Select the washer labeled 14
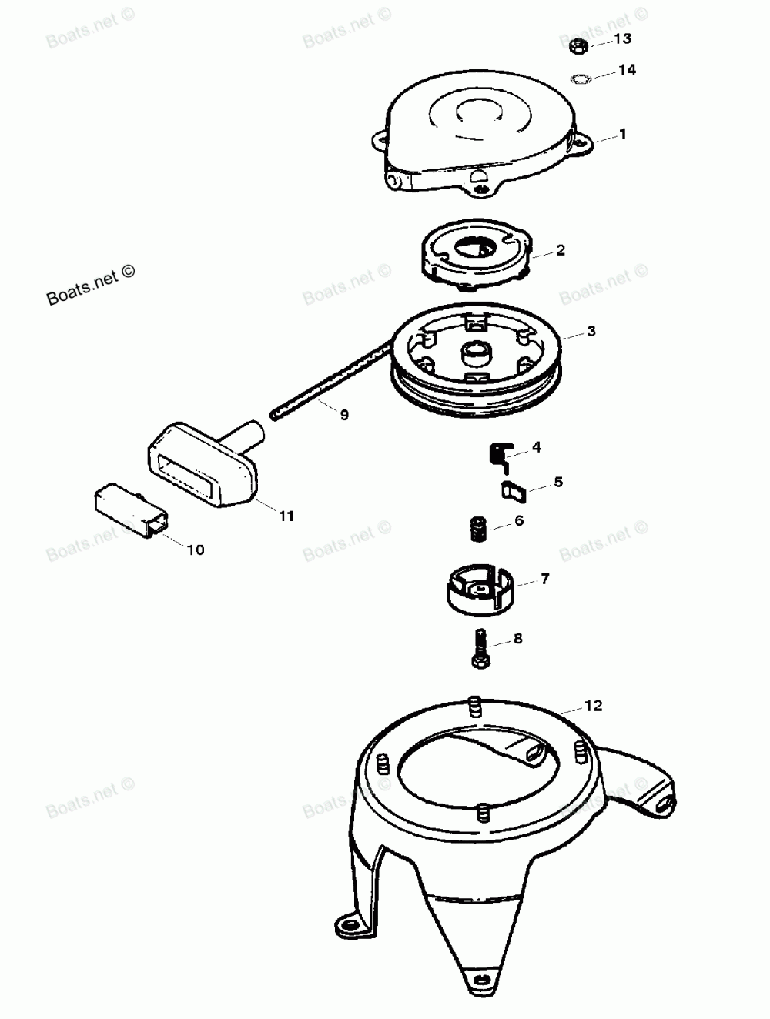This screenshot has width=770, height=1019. point(580,78)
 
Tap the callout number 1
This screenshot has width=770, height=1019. point(623,134)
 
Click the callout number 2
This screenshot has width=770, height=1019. point(561,250)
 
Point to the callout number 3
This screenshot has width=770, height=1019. point(591,332)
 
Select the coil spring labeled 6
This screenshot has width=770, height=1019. point(480,530)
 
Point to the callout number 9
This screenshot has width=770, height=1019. point(344,415)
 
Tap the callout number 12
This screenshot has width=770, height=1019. point(593,706)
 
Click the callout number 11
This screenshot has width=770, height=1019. point(286,516)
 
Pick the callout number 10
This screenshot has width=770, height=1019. point(196,550)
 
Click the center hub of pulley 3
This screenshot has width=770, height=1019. point(475,354)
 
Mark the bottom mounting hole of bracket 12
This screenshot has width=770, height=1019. point(482,980)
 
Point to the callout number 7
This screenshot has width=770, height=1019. point(545,579)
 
